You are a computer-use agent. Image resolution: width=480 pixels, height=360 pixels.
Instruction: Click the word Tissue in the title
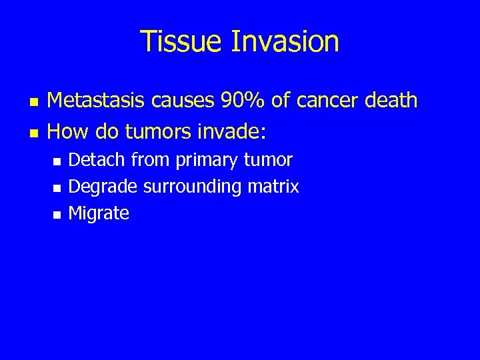tap(181, 41)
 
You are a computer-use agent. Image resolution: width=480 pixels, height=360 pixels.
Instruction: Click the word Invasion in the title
tap(285, 41)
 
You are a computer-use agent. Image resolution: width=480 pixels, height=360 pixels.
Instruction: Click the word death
tap(391, 101)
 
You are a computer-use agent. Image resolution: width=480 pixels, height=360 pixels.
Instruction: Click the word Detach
tap(97, 160)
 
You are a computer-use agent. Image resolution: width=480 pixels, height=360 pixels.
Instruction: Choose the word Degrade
tap(103, 187)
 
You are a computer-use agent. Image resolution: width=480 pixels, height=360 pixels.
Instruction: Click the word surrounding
tap(193, 187)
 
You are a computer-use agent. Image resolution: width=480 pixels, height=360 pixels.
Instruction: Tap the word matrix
tap(273, 187)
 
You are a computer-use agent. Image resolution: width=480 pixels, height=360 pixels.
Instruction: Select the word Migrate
tap(99, 214)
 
